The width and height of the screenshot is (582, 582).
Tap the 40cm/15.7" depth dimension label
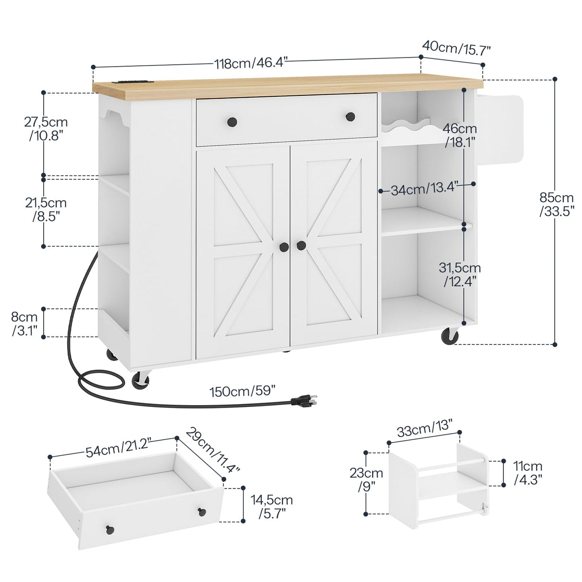(457, 47)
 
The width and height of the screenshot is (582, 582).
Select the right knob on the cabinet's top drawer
(351, 116)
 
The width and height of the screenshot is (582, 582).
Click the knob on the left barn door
(284, 246)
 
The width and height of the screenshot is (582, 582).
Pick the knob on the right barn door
(301, 245)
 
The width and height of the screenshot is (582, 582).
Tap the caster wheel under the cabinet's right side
(449, 336)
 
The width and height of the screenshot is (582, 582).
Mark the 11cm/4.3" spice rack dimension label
(527, 472)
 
